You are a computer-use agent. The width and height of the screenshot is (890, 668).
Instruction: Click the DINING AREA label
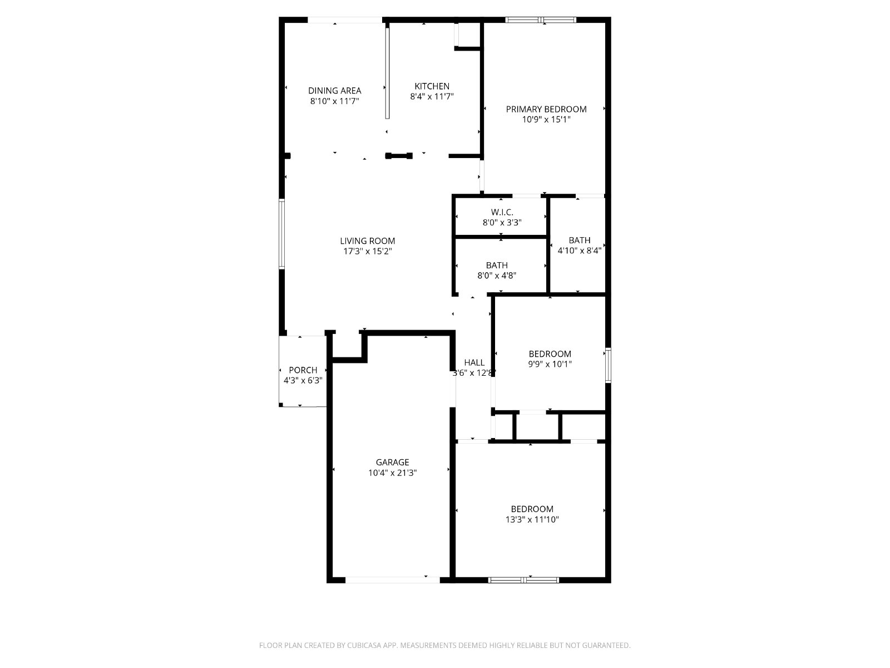[x=334, y=91]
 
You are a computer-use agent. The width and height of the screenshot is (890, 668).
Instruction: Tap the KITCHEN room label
[x=432, y=86]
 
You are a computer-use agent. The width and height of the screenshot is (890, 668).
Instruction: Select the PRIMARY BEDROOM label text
[x=546, y=109]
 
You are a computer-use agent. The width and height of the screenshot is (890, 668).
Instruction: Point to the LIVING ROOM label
[x=367, y=241]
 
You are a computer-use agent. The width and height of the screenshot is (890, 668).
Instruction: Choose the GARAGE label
[x=392, y=462]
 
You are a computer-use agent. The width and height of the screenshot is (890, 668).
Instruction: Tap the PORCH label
[x=303, y=370]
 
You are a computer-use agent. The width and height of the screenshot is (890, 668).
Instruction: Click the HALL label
[x=474, y=362]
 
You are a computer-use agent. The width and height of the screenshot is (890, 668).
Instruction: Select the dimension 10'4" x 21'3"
[x=392, y=473]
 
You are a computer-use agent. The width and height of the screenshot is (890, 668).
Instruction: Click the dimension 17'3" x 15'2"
[x=367, y=252]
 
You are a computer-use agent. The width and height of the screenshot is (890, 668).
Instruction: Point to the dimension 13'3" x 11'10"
[x=532, y=520]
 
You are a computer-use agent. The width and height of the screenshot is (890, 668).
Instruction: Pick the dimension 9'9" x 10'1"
[x=550, y=365]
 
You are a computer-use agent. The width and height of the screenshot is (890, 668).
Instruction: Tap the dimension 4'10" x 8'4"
[x=579, y=250]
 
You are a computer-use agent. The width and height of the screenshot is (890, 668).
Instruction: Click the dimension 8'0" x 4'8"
[x=496, y=275]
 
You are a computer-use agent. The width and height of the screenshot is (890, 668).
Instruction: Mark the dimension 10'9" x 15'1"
[x=546, y=120]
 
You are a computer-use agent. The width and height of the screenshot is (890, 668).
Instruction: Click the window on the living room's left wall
[x=282, y=234]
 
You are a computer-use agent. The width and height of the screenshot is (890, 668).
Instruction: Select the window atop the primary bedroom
[x=541, y=20]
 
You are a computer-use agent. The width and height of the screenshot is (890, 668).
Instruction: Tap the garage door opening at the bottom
[x=392, y=579]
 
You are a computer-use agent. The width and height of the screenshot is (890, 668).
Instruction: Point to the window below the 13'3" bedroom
[x=523, y=579]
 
